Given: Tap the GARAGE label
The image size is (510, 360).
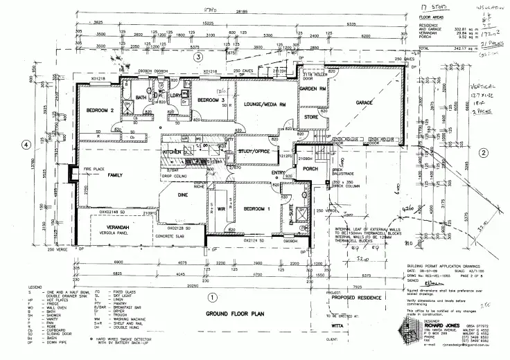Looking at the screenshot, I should point(365,102).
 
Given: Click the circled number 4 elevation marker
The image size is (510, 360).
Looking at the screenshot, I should point(26,145).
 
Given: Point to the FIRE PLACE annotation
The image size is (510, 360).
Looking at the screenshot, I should point(94,169).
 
